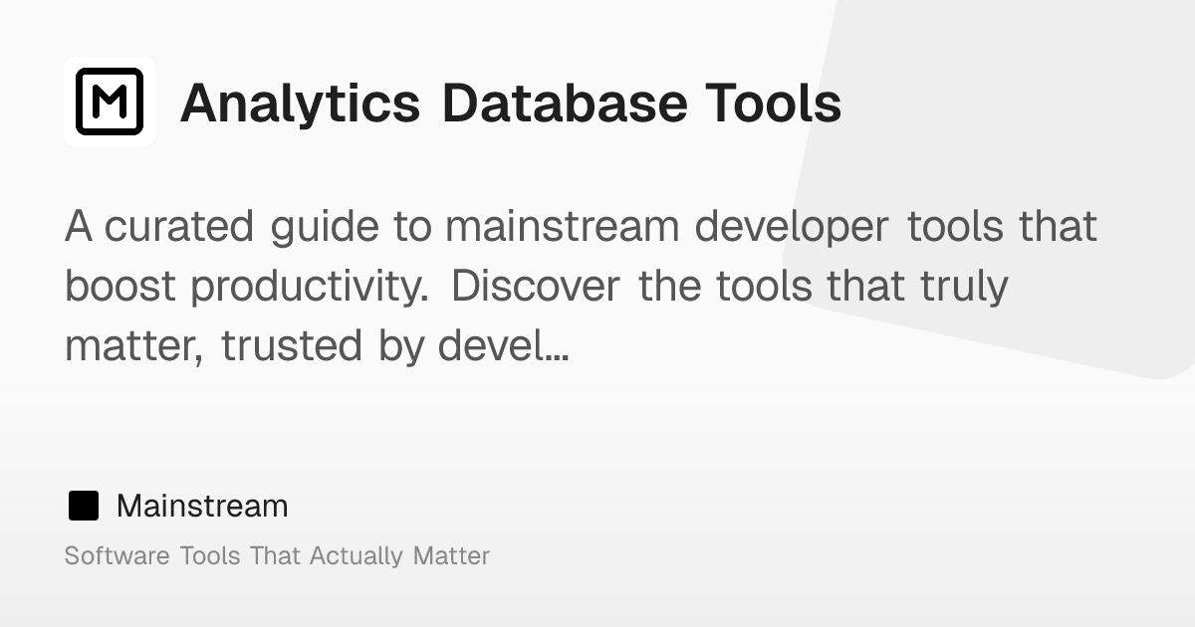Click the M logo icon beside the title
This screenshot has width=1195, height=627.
(110, 102)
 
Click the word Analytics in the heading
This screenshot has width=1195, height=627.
(300, 104)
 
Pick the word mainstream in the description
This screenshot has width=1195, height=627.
(563, 227)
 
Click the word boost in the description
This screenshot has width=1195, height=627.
(120, 287)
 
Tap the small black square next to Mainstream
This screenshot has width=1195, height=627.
(84, 507)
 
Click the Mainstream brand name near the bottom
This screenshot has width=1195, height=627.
(202, 507)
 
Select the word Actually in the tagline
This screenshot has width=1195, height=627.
(357, 556)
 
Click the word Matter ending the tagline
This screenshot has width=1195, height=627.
(451, 555)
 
